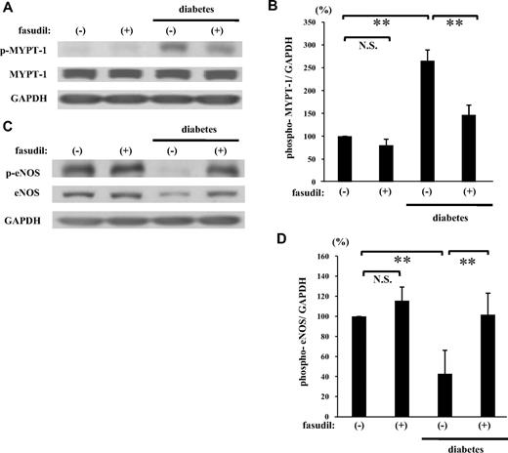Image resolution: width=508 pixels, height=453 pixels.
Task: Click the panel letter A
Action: (8, 8)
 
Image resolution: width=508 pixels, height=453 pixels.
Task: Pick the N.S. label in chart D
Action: (365, 279)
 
